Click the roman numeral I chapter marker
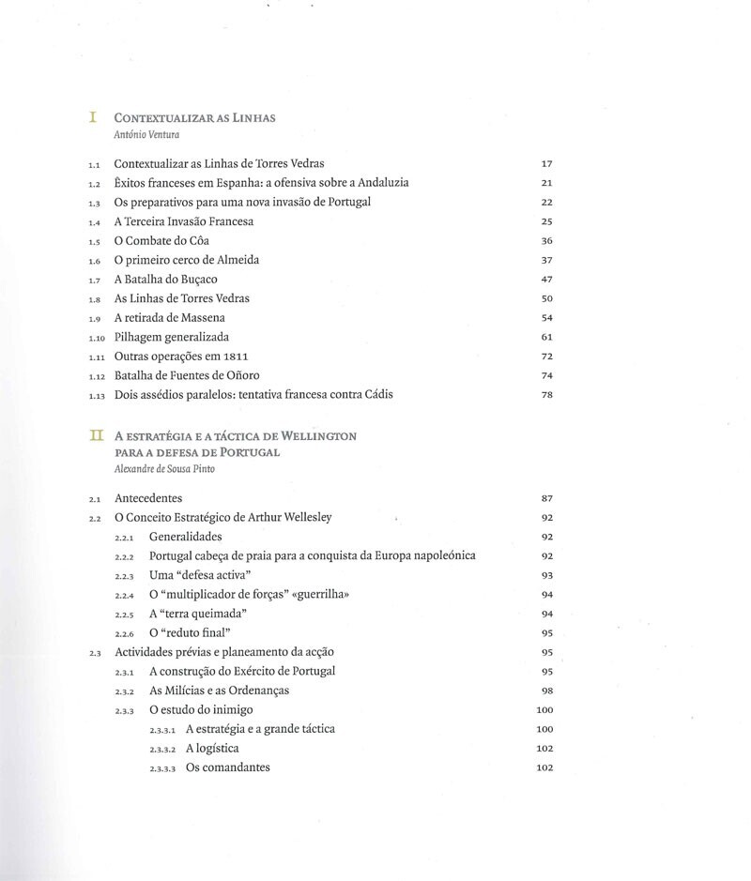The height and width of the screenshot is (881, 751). click(x=93, y=117)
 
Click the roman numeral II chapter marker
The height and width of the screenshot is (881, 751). click(x=94, y=435)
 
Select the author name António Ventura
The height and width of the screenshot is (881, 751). click(x=146, y=134)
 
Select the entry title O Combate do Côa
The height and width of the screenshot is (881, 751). click(x=161, y=240)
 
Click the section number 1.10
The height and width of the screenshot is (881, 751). click(x=96, y=337)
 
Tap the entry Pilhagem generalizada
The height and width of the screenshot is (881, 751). click(x=171, y=336)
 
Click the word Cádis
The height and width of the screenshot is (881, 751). click(x=375, y=395)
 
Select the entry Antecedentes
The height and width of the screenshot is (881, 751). click(x=148, y=497)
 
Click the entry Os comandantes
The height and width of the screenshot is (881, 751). click(x=228, y=767)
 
